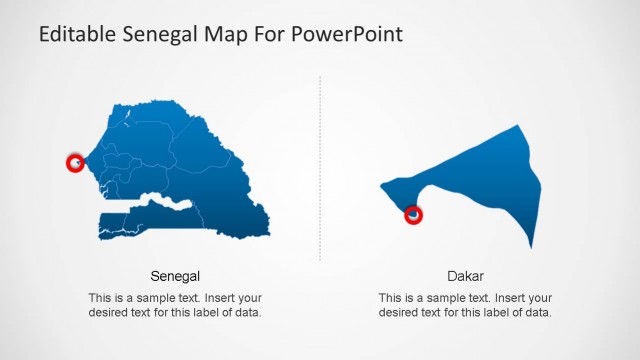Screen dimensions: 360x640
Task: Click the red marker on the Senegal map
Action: (75, 162)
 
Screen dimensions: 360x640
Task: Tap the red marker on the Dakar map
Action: (413, 214)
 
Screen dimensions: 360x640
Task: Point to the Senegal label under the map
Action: (175, 275)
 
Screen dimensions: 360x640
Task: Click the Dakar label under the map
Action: (466, 275)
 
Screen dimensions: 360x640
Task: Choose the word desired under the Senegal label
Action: (109, 313)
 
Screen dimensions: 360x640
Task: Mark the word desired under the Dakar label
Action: (400, 313)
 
